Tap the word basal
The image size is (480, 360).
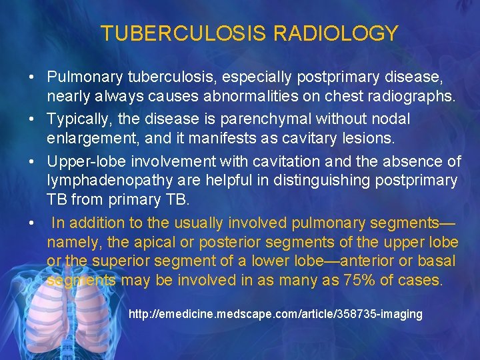(x=438, y=260)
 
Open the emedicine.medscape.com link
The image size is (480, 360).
(x=275, y=314)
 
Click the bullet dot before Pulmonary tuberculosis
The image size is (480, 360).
(x=31, y=79)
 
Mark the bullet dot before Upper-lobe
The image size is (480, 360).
(x=31, y=161)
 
